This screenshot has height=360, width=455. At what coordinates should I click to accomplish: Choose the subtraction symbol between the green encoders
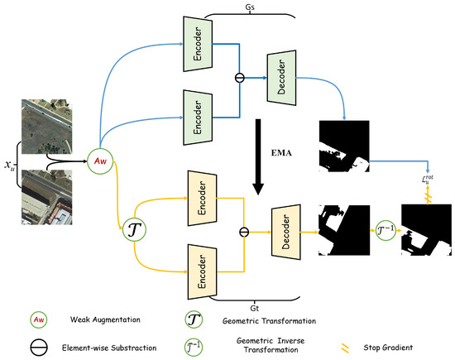point(241,82)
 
